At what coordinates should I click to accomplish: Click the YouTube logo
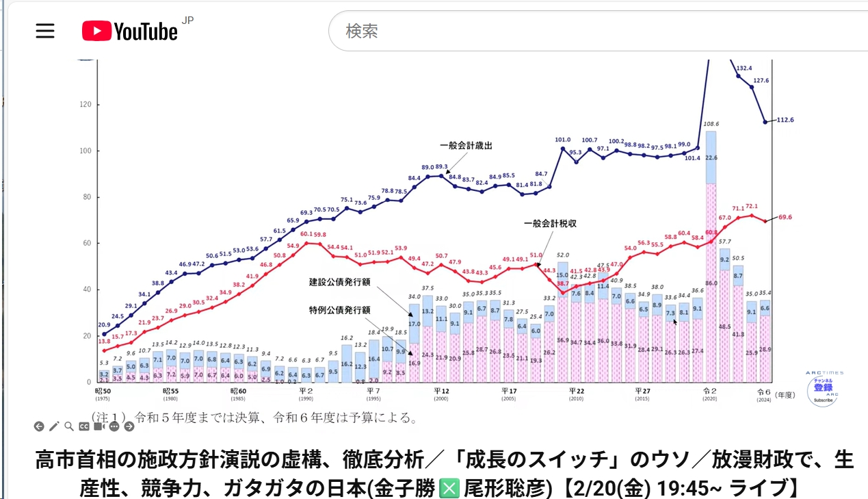click(x=130, y=31)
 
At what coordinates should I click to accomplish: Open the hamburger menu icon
click(x=45, y=31)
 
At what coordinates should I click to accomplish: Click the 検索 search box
click(x=595, y=31)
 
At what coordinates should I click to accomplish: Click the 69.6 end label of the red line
click(x=786, y=217)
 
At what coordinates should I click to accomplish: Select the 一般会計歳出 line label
click(x=466, y=146)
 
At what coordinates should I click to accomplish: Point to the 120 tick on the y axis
click(x=86, y=105)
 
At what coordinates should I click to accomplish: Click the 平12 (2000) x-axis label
click(x=440, y=392)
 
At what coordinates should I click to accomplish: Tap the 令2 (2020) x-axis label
click(x=709, y=392)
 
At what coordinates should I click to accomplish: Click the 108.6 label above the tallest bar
click(x=711, y=124)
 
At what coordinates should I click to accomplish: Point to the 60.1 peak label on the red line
click(x=306, y=234)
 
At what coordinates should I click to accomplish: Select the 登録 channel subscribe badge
click(x=823, y=388)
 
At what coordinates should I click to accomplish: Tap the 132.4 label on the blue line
click(x=744, y=68)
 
